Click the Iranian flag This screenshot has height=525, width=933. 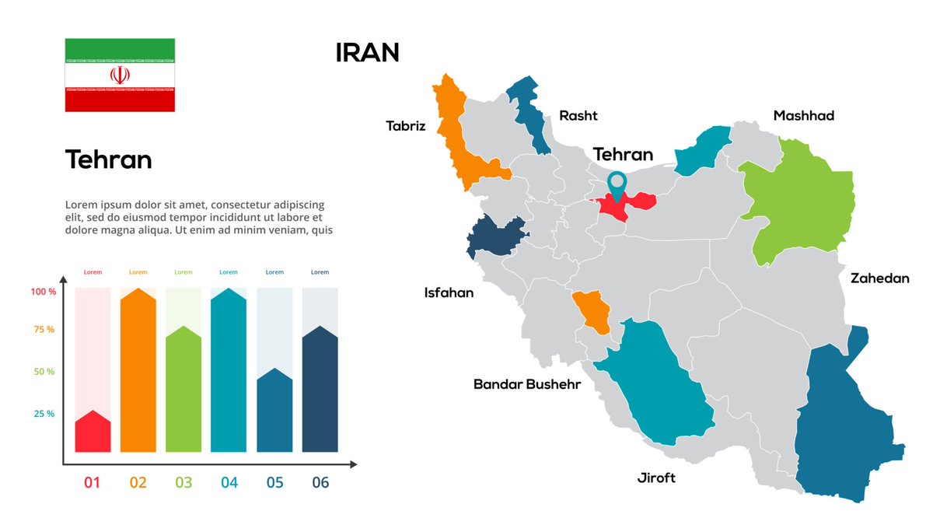click(x=120, y=75)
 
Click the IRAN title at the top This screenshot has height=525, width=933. click(x=367, y=53)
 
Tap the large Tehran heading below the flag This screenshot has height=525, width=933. click(x=109, y=159)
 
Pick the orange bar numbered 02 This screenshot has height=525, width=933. click(x=138, y=373)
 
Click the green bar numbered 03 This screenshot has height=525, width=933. click(x=183, y=393)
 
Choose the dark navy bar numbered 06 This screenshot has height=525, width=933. click(x=320, y=393)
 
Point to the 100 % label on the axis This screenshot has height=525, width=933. click(x=44, y=292)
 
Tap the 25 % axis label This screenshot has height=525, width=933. click(x=44, y=414)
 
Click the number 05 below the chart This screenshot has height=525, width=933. click(x=274, y=483)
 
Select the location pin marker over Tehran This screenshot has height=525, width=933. click(x=617, y=184)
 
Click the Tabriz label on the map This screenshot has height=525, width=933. click(x=406, y=125)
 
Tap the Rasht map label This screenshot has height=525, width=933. click(x=578, y=116)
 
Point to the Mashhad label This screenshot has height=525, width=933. click(x=803, y=116)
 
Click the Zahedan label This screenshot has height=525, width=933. click(x=879, y=278)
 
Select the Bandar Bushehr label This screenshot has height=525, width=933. click(x=527, y=384)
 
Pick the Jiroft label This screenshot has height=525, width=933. click(x=656, y=478)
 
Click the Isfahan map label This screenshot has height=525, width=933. click(x=449, y=293)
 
